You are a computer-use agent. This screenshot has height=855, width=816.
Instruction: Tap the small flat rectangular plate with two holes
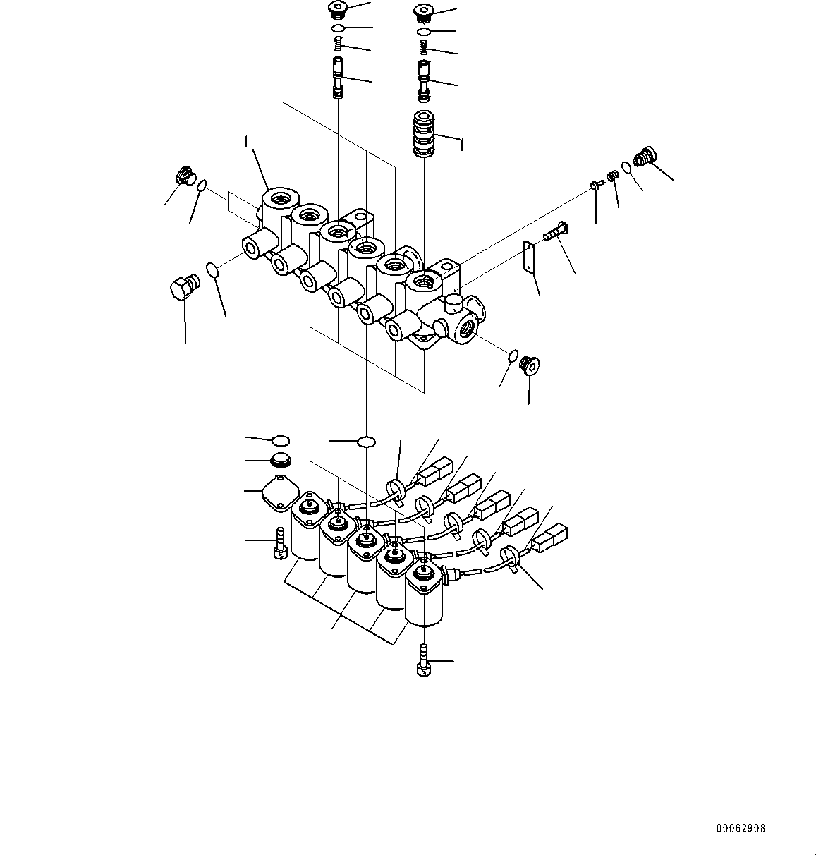coord(530,257)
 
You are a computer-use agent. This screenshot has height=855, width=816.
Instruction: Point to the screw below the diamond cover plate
coord(280,543)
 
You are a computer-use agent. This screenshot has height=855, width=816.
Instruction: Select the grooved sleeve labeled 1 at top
coord(425,133)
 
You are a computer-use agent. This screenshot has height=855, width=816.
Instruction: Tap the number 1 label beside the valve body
coord(246,142)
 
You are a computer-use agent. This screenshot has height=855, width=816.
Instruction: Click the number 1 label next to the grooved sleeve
coord(461,145)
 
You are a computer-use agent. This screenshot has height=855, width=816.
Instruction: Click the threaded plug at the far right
coord(645,155)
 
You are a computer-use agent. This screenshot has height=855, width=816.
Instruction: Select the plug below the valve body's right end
coord(528,365)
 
